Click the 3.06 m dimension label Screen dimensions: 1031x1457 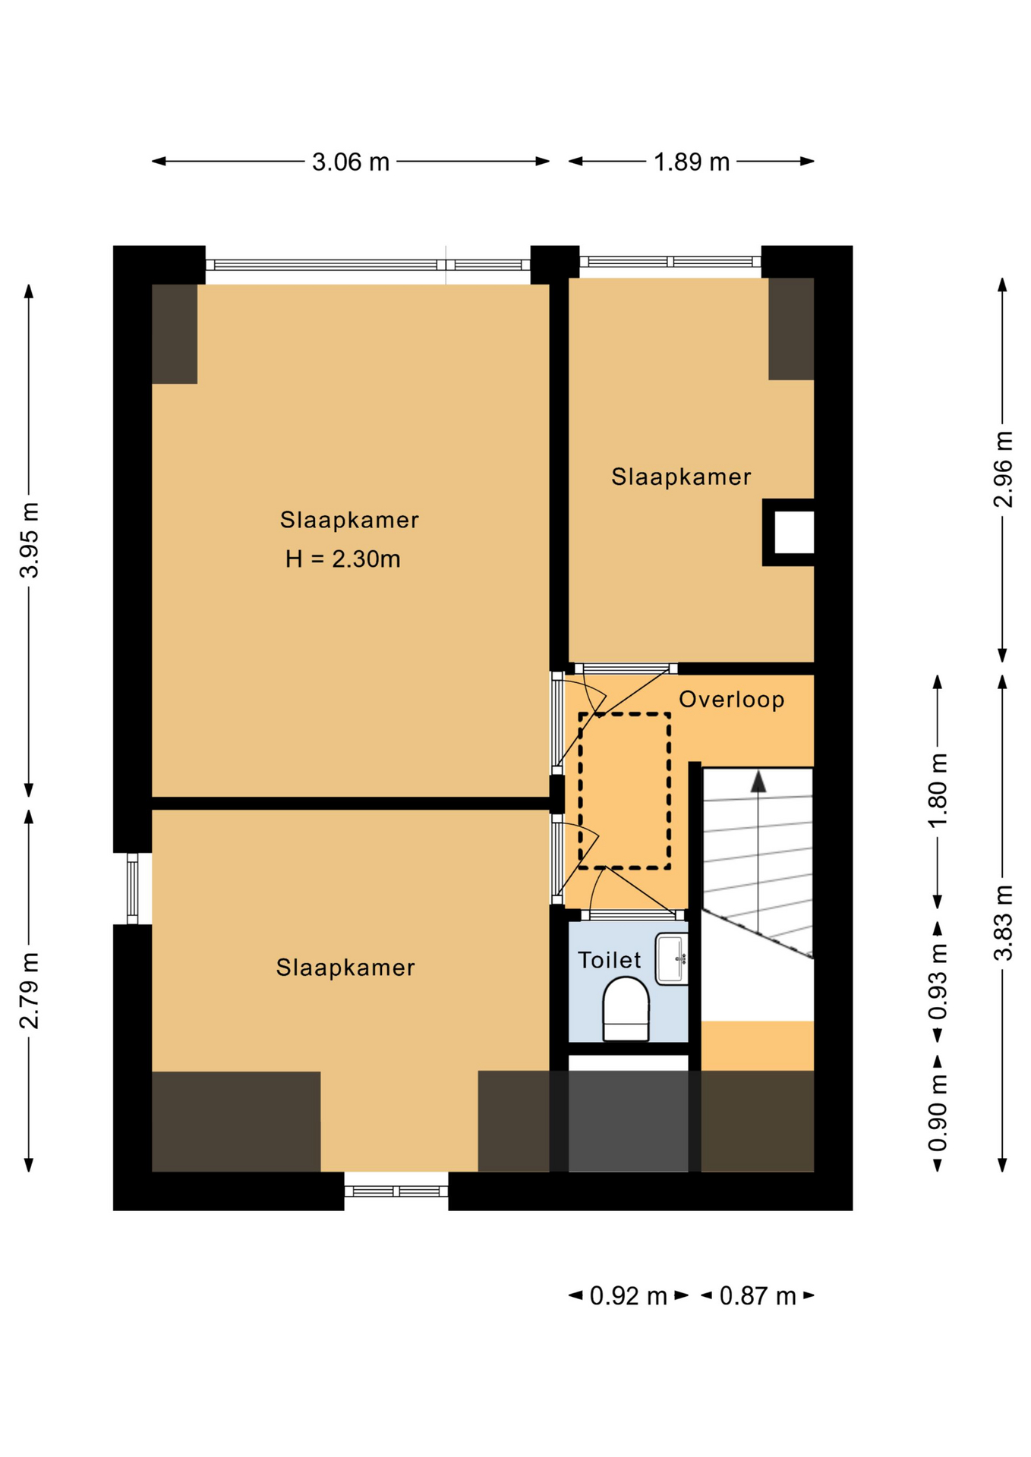pos(351,162)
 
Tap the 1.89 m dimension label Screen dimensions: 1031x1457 pos(692,162)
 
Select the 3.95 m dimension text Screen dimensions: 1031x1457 pos(29,540)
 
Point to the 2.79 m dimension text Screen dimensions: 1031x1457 pos(29,990)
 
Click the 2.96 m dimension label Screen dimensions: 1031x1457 pos(1003,469)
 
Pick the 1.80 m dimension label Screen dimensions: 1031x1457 pos(938,791)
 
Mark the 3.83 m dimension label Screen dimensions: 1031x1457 pos(1003,923)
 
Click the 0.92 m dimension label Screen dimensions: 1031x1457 pos(628,1296)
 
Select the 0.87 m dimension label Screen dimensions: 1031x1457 pos(757,1296)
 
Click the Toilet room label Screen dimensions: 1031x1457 pos(610,960)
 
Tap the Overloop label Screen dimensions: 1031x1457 pos(731,699)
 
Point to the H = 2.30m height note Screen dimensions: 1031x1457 pos(342,559)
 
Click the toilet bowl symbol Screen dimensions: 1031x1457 pos(626,1009)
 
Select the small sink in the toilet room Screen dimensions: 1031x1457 pos(672,959)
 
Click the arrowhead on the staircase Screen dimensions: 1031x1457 pos(758,782)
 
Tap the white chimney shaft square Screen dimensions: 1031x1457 pos(793,533)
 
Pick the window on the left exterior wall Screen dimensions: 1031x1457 pos(132,889)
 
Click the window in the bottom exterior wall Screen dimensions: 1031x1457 pos(396,1191)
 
